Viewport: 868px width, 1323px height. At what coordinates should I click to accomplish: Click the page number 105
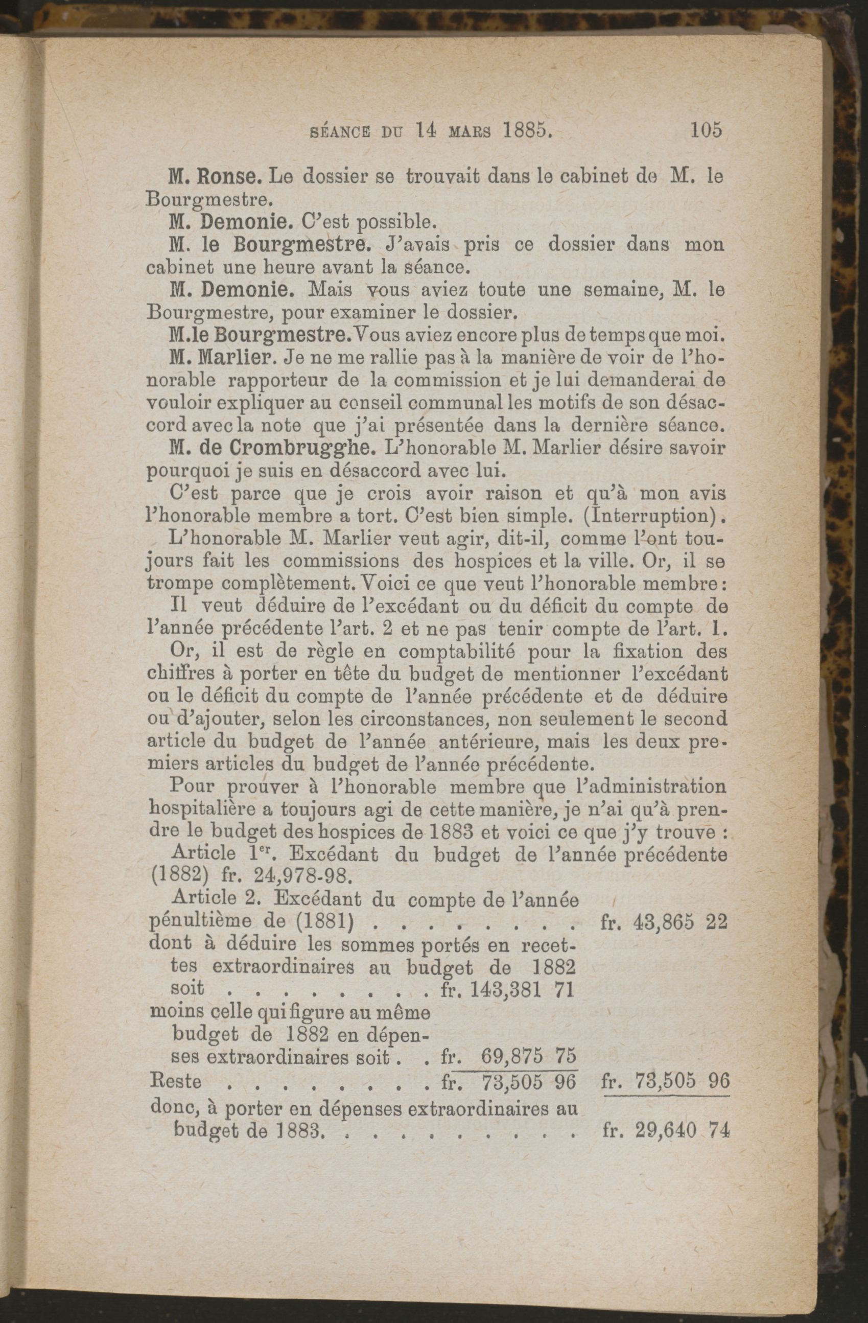pos(706,130)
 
